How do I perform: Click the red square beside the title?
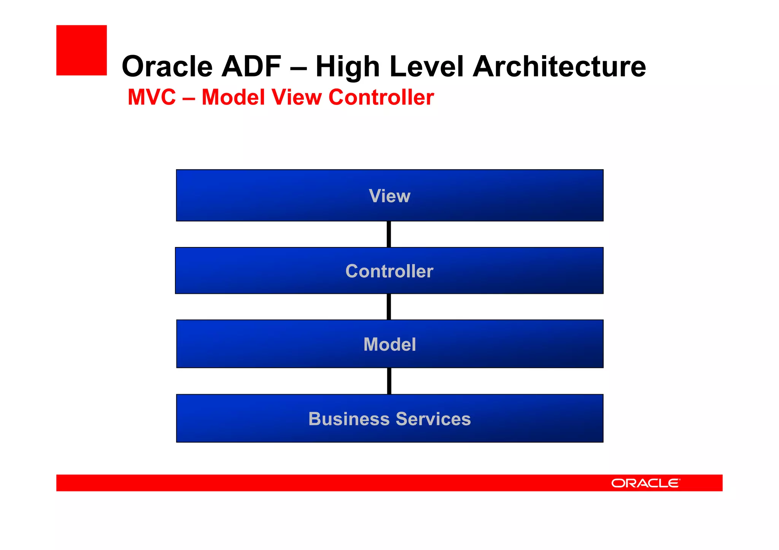pos(81,50)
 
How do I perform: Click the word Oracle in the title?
pos(167,67)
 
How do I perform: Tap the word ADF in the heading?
pos(251,67)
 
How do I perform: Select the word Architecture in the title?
pos(559,67)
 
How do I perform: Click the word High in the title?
pos(348,67)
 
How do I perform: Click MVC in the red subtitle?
pos(152,97)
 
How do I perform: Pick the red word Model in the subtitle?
pos(233,97)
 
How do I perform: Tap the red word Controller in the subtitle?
pos(381,97)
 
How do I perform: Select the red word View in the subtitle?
pos(297,97)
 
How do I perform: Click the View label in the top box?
pos(389,196)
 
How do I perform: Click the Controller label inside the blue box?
pos(389,271)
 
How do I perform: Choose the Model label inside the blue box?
pos(389,345)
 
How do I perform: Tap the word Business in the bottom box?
pos(349,419)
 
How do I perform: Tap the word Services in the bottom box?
pos(433,419)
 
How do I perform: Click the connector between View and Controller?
pos(389,234)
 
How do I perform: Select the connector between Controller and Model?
pos(389,307)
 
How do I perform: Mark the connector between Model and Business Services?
pos(389,381)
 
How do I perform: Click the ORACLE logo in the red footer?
pos(645,483)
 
